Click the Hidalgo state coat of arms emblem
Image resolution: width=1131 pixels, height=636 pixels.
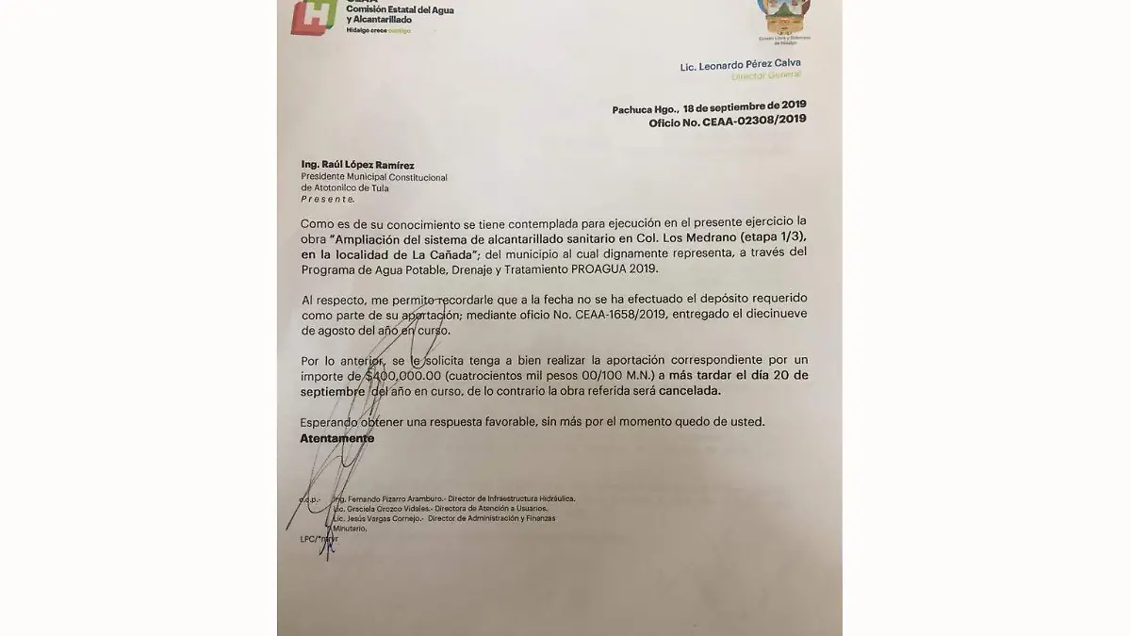(784, 19)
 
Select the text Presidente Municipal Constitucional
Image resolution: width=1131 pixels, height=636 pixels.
(373, 177)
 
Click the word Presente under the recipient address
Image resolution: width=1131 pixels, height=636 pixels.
(327, 199)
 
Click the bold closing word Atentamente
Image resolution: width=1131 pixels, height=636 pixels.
(336, 438)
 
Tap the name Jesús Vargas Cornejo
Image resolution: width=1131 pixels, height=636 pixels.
(377, 518)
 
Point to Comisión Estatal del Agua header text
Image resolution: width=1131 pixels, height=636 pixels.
(373, 8)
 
